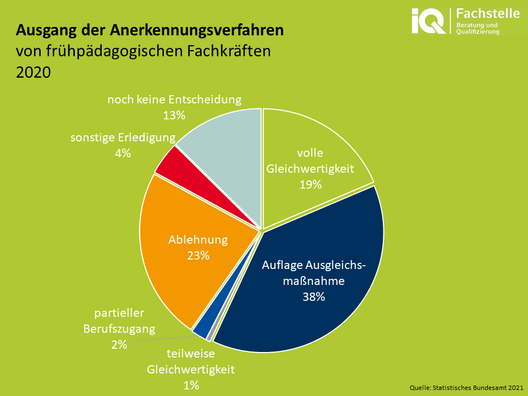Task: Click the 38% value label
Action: (313, 296)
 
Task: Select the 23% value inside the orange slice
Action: (197, 255)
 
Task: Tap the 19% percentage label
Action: (310, 185)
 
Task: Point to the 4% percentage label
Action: (123, 153)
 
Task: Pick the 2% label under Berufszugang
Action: (119, 345)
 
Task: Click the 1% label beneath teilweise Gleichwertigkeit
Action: (191, 385)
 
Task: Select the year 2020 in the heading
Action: (33, 72)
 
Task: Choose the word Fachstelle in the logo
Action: (488, 13)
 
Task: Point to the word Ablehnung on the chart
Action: (197, 240)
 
